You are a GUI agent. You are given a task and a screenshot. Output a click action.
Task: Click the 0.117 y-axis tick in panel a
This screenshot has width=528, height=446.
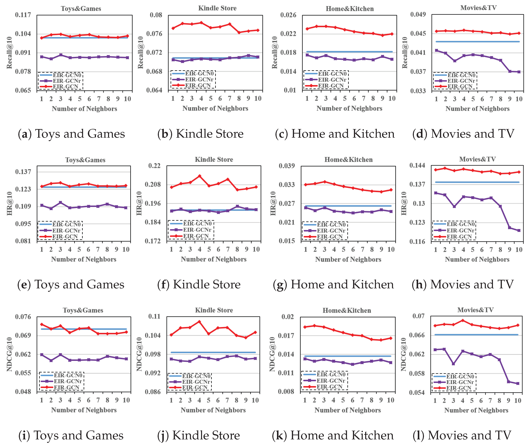coord(23,15)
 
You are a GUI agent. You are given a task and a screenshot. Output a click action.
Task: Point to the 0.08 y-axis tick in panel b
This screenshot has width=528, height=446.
coord(156,15)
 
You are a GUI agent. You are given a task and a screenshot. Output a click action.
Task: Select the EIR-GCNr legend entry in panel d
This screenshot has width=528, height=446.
coord(461,81)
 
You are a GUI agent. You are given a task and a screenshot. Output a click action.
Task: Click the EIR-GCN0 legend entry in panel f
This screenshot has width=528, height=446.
coord(197,224)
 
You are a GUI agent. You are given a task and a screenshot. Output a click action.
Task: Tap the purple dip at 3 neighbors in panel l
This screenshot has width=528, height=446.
coord(453,364)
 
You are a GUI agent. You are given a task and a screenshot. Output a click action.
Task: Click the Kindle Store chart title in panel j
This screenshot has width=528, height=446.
coord(214,310)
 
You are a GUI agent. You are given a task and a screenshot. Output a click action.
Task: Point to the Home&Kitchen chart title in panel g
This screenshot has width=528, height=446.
coord(348,159)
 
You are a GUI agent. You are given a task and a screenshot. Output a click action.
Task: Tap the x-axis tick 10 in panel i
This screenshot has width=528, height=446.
coord(126,400)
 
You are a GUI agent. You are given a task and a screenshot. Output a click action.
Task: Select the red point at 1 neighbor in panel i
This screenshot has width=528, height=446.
coord(42,324)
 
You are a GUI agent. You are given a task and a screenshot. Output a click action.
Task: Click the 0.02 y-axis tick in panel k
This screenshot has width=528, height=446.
coord(288,317)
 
